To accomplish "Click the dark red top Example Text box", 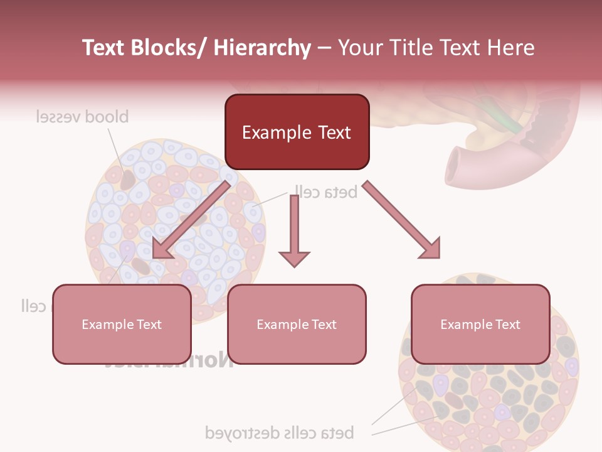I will coord(297,132).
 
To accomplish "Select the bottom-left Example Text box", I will coord(122,324).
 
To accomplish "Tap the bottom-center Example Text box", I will coord(297,324).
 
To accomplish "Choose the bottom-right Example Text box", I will coord(480,324).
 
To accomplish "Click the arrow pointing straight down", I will coord(294,232).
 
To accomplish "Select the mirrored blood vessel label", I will coord(82,117).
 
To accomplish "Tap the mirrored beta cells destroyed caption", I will coord(280,433).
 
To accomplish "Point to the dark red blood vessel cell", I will coord(128,180).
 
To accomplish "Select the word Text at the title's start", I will coord(104,48).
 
